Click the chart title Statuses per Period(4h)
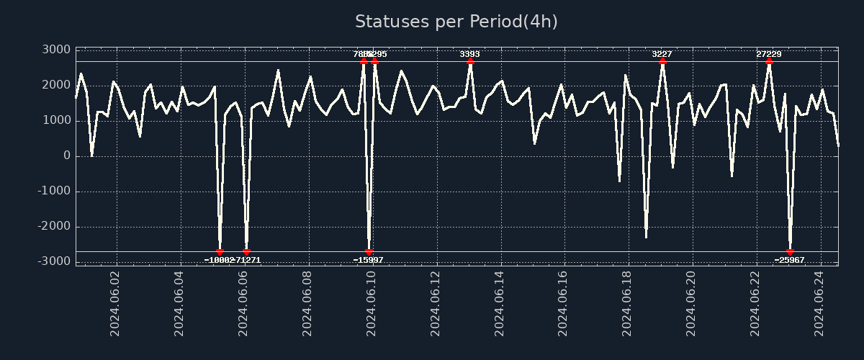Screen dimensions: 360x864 (456, 22)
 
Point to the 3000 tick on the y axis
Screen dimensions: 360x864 (56, 50)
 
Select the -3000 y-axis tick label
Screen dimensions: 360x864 (54, 261)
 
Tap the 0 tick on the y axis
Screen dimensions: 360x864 (67, 156)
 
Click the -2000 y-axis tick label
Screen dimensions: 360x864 (54, 226)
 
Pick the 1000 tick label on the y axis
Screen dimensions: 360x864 (56, 120)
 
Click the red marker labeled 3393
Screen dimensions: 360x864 (470, 62)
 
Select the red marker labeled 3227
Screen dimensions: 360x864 (662, 62)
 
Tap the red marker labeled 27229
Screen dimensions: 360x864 (769, 62)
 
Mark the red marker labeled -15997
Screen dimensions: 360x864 (369, 252)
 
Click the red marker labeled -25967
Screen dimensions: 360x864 (790, 252)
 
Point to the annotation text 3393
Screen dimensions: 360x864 (470, 54)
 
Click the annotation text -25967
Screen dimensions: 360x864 (790, 260)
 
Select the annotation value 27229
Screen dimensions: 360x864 (769, 54)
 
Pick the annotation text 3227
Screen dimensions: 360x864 (662, 54)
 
